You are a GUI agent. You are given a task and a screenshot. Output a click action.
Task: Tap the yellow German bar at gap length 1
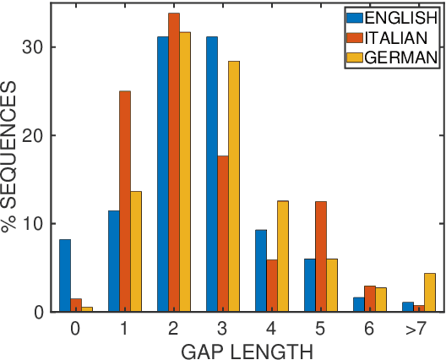pyautogui.click(x=136, y=251)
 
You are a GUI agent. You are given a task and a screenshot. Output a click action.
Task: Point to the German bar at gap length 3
pyautogui.click(x=234, y=186)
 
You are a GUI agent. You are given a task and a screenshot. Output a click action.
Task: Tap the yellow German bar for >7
pyautogui.click(x=429, y=292)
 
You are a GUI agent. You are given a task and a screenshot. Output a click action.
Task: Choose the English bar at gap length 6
pyautogui.click(x=357, y=304)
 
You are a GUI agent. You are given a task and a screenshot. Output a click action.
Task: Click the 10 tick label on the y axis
pyautogui.click(x=33, y=224)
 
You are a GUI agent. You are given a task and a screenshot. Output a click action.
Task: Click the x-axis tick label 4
pyautogui.click(x=271, y=327)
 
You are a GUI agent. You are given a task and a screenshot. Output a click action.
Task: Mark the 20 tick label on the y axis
pyautogui.click(x=33, y=135)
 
